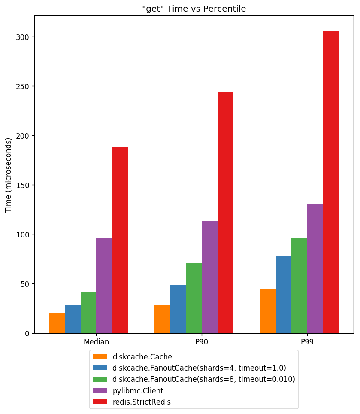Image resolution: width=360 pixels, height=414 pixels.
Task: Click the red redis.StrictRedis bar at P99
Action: (x=331, y=182)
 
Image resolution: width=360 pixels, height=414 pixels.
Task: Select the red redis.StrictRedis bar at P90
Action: (x=225, y=213)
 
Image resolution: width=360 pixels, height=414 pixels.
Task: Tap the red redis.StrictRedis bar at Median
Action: (x=120, y=240)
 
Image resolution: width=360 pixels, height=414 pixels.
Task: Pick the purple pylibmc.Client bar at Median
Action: (x=104, y=286)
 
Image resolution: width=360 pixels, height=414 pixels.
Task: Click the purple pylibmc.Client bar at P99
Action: (x=315, y=268)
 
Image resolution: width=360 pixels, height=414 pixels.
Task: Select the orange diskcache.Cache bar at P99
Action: (x=268, y=311)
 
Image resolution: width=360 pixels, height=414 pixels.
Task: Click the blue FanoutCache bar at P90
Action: (x=178, y=309)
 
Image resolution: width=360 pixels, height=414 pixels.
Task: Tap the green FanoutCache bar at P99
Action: (x=299, y=286)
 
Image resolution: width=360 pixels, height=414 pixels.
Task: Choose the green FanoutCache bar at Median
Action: (x=88, y=312)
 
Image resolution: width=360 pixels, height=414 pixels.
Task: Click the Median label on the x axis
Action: (x=96, y=342)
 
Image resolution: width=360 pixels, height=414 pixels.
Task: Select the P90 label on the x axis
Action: (x=202, y=342)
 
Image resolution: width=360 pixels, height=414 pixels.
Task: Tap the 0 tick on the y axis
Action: (x=27, y=333)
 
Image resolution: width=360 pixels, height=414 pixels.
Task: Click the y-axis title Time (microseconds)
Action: (x=9, y=175)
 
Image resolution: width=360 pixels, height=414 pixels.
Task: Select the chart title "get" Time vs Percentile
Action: (x=194, y=9)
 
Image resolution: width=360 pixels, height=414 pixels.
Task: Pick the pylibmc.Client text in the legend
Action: (x=138, y=391)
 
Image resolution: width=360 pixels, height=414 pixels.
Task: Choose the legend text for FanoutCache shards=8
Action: (x=203, y=379)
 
